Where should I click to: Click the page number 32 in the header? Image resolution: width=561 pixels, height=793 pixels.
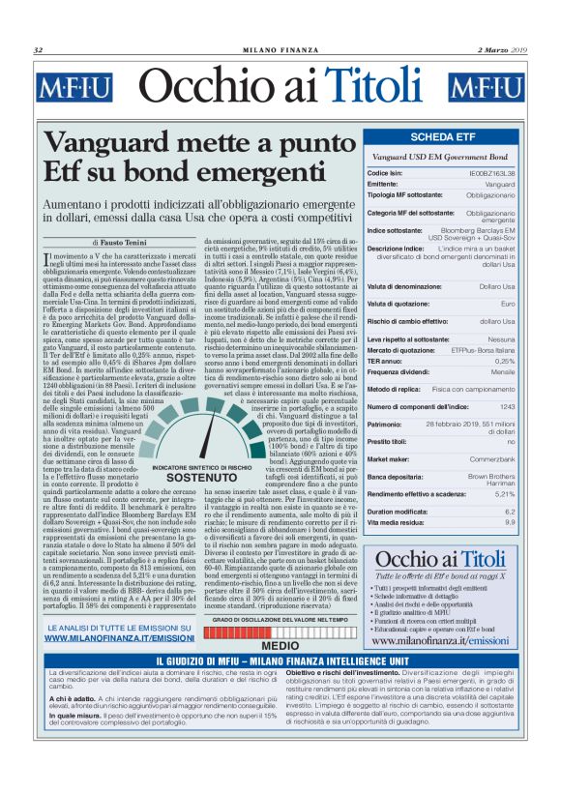pyautogui.click(x=38, y=50)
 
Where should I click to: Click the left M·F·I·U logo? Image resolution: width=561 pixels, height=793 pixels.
pyautogui.click(x=74, y=88)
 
